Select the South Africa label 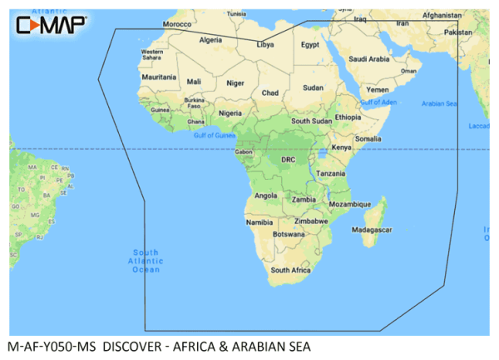290,270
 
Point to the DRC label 288,158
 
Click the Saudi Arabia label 368,59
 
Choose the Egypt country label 309,44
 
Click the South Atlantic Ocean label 146,260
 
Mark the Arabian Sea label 440,103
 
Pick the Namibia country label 259,222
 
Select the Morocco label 176,25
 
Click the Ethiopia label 348,117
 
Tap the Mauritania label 159,77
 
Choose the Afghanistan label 441,15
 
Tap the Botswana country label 289,234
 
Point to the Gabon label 244,152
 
